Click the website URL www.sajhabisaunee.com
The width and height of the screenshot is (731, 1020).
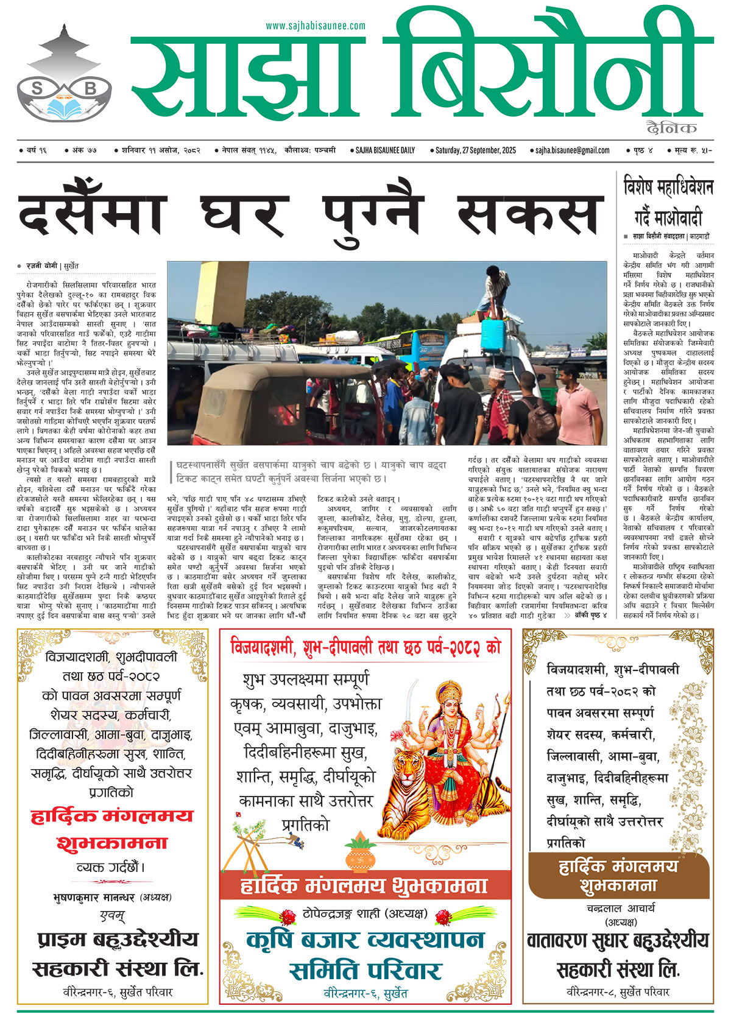(x=316, y=26)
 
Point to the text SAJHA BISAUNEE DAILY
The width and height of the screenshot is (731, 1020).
(x=385, y=150)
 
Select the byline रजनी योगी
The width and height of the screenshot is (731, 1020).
(x=42, y=266)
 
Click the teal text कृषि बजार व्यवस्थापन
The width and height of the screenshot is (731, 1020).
(x=365, y=940)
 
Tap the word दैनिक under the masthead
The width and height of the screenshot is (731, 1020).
(x=672, y=128)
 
